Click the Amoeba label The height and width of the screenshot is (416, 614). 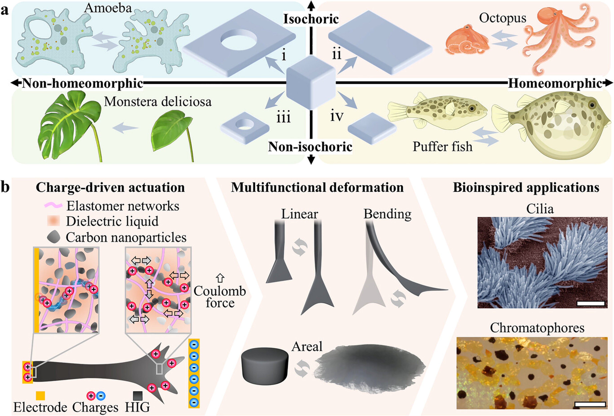(x=108, y=8)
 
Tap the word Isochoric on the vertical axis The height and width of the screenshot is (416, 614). (x=311, y=19)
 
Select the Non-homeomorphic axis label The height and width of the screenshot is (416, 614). (x=82, y=83)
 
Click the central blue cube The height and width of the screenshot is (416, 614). (x=311, y=82)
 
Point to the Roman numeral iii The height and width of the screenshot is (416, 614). (x=283, y=117)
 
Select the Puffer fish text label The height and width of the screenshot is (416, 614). (x=442, y=146)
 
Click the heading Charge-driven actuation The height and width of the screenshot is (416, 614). (x=110, y=187)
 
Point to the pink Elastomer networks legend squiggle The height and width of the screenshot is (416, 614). (x=53, y=206)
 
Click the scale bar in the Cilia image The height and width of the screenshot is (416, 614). (x=591, y=303)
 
